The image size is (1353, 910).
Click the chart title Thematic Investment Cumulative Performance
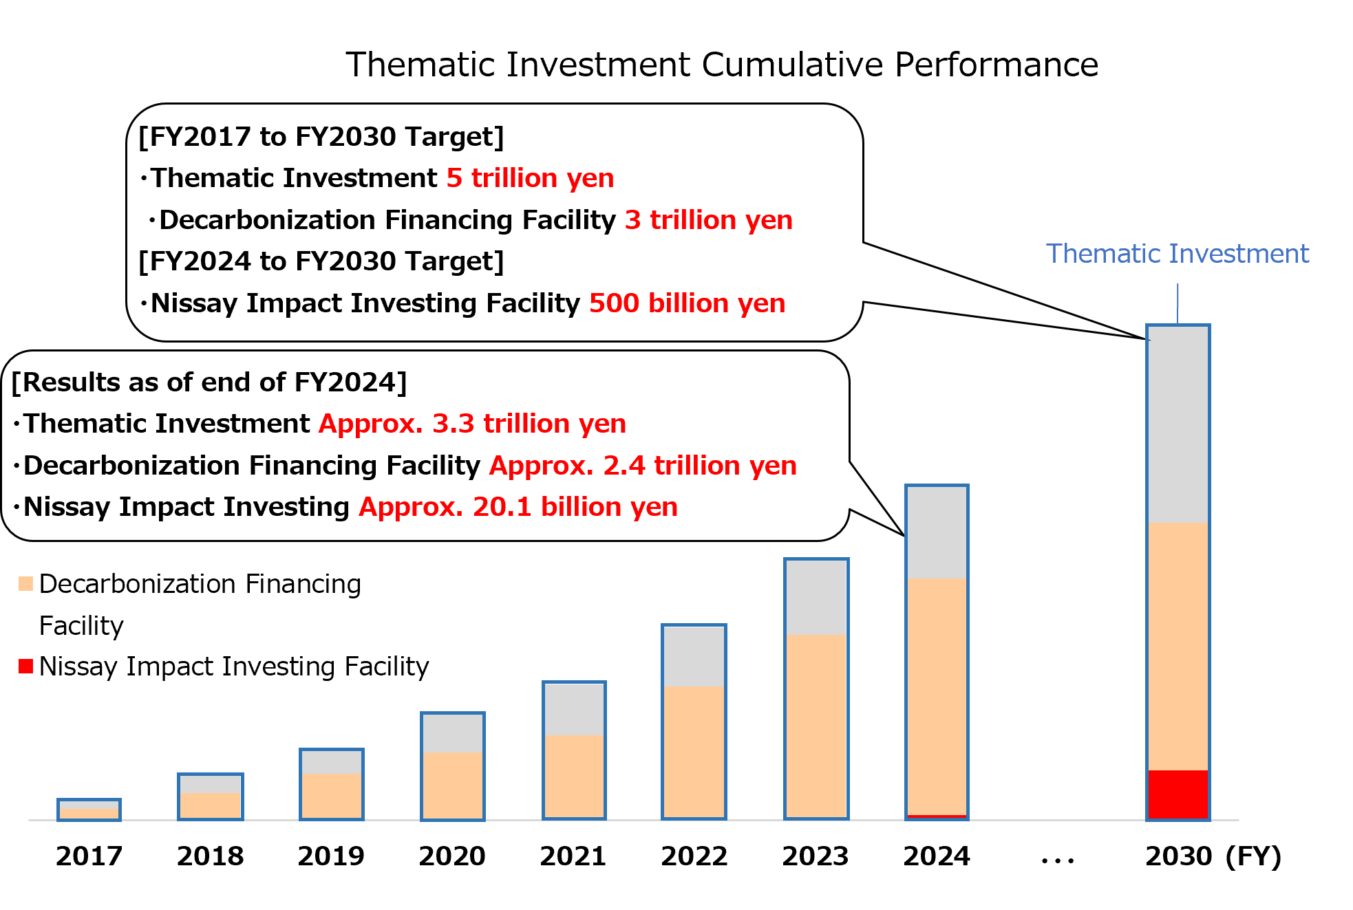pyautogui.click(x=721, y=65)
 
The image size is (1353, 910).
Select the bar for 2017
pyautogui.click(x=89, y=810)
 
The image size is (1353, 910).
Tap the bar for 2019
pyautogui.click(x=331, y=784)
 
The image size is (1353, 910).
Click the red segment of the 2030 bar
pyautogui.click(x=1178, y=794)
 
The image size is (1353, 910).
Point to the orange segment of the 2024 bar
pyautogui.click(x=937, y=695)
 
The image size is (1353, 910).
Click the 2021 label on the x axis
pyautogui.click(x=573, y=856)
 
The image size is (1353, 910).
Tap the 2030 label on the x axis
pyautogui.click(x=1178, y=856)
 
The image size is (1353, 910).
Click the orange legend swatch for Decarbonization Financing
pyautogui.click(x=26, y=584)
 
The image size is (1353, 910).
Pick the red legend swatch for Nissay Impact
pyautogui.click(x=26, y=666)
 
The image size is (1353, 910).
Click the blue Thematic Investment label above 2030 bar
pyautogui.click(x=1177, y=254)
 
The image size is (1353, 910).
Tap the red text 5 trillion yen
pyautogui.click(x=530, y=178)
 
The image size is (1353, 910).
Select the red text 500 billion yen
pyautogui.click(x=687, y=303)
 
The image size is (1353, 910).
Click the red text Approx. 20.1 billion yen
pyautogui.click(x=518, y=507)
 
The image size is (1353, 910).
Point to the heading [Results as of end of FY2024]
pyautogui.click(x=209, y=382)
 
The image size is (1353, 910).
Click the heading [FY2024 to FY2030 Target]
pyautogui.click(x=321, y=261)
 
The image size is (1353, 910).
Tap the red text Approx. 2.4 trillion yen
pyautogui.click(x=643, y=466)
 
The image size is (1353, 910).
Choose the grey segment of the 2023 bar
pyautogui.click(x=816, y=597)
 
